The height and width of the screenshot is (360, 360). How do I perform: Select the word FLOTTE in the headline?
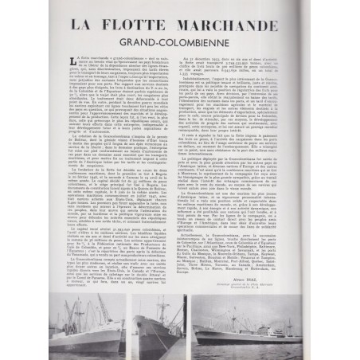click(139, 24)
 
